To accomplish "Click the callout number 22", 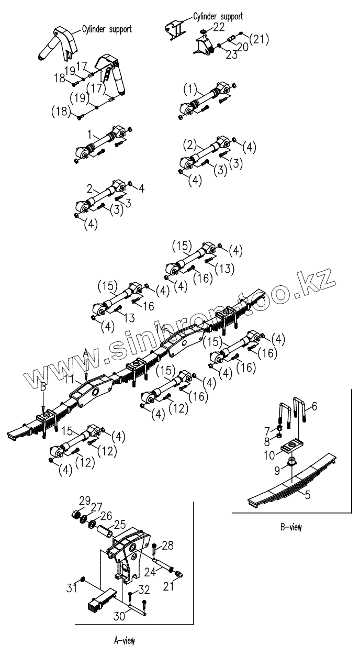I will pyautogui.click(x=219, y=27).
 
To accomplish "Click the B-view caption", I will pyautogui.click(x=290, y=527).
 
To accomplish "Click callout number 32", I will pyautogui.click(x=143, y=590).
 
